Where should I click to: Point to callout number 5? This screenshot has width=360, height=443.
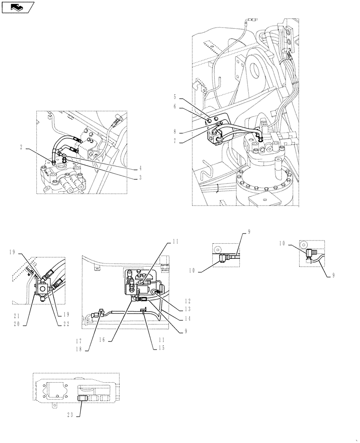[175, 96]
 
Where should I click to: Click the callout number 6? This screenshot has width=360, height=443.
[175, 106]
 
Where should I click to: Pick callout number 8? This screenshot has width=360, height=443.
[175, 131]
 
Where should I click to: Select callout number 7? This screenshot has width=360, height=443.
[175, 141]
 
